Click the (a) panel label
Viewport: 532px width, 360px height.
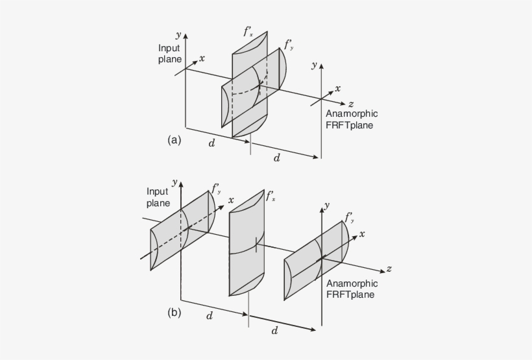174,139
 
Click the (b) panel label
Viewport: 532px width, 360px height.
174,312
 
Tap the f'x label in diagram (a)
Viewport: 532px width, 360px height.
248,31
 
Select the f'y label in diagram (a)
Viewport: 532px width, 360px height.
289,45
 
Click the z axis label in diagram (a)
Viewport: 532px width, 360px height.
350,104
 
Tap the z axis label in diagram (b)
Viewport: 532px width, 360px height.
388,269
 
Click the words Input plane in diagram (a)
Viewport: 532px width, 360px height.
169,54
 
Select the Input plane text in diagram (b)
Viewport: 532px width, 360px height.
157,197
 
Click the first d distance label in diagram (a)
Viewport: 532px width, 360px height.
212,143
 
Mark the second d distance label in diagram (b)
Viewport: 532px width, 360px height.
274,331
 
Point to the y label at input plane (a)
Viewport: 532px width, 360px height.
178,34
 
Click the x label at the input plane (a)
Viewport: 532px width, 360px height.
202,58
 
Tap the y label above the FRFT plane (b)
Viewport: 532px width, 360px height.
326,204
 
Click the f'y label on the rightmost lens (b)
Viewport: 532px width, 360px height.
350,217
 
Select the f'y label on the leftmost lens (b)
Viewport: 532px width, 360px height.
217,189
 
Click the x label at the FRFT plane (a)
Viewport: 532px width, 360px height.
338,88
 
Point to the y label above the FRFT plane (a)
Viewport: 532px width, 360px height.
314,64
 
